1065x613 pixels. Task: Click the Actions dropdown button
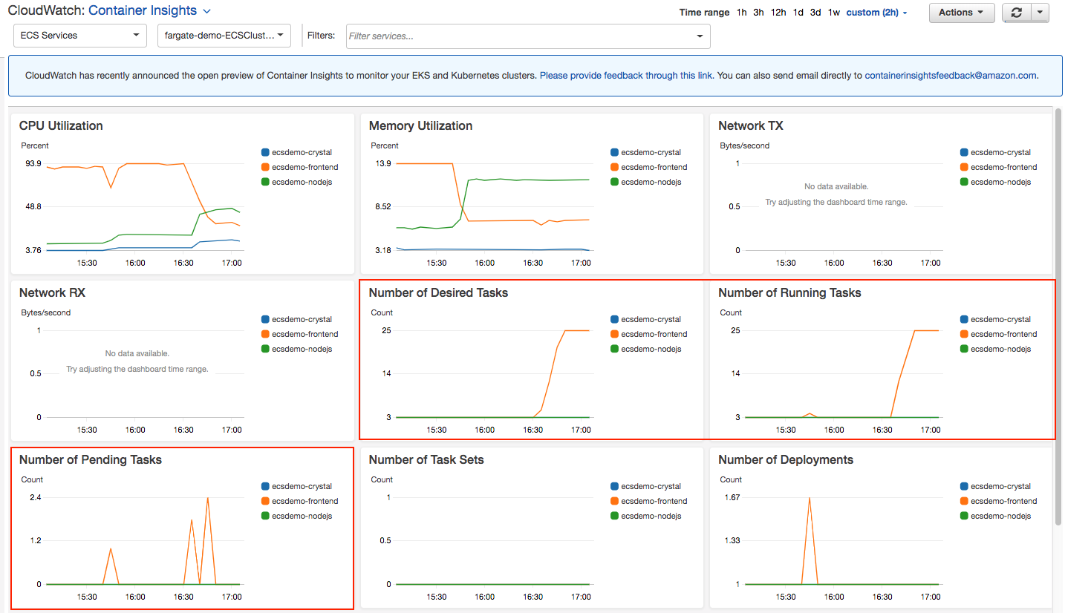coord(961,13)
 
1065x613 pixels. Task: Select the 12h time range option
coord(778,13)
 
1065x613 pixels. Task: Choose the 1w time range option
coord(834,13)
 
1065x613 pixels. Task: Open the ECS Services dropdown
coord(79,36)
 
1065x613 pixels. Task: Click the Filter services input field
coord(520,36)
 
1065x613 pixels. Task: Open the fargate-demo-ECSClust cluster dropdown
coord(224,36)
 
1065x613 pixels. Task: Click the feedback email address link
coord(951,76)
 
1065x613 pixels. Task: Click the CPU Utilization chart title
coord(61,126)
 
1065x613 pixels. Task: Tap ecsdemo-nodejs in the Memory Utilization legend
coord(651,182)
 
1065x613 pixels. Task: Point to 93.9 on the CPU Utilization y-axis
coord(33,164)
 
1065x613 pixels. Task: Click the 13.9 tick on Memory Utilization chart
coord(382,164)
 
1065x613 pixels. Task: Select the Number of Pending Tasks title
coord(91,460)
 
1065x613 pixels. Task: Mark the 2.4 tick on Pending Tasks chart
coord(35,498)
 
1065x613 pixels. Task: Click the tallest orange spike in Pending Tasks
coord(208,499)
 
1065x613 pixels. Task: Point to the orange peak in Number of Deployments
coord(810,498)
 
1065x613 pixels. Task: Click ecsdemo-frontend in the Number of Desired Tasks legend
coord(654,334)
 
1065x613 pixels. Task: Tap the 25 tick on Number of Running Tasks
coord(735,331)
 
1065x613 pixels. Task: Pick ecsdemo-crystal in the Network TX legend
coord(1000,152)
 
